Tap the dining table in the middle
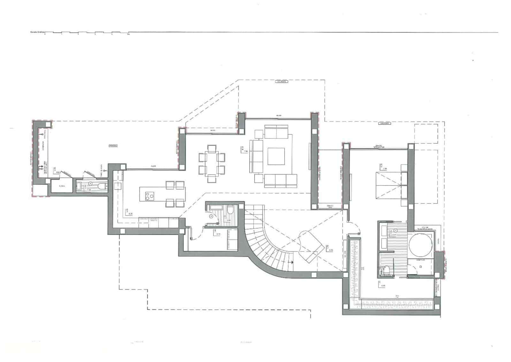click(x=211, y=163)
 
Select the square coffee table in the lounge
click(x=276, y=156)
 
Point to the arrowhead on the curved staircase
click(x=292, y=262)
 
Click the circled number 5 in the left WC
click(x=90, y=184)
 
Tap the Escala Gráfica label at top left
click(x=36, y=32)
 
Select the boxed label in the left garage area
click(x=113, y=146)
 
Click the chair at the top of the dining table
click(x=211, y=148)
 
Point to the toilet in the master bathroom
click(x=386, y=271)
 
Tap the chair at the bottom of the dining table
click(x=211, y=178)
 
